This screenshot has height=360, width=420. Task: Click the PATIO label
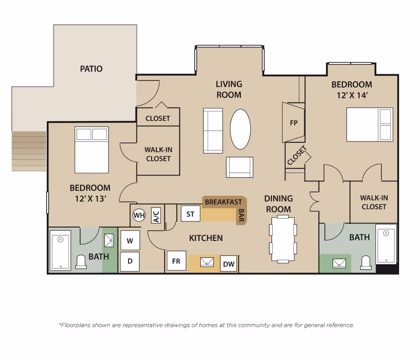91,69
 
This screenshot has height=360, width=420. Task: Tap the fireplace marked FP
294,123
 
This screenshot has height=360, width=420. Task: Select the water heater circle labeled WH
139,215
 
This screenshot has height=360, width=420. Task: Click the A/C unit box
156,215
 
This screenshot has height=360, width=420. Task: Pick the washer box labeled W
130,241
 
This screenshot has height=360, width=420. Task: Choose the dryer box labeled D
130,261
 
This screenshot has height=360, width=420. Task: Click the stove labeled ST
190,214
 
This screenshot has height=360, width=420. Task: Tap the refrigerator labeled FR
176,261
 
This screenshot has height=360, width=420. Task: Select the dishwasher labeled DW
229,264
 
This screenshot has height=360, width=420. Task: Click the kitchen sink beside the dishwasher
207,262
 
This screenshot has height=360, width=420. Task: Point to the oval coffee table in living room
240,129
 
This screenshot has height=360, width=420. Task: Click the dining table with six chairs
283,239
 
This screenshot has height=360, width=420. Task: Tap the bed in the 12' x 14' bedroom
369,124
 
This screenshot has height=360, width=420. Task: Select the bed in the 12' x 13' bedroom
92,150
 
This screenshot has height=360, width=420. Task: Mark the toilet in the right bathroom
366,263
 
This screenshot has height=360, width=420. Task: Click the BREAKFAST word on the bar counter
223,202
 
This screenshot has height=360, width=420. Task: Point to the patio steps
29,151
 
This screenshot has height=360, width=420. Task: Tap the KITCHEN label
206,238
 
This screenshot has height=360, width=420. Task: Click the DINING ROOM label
278,204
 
